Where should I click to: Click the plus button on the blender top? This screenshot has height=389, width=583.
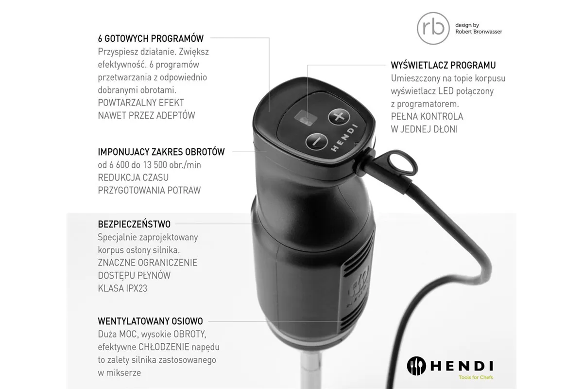(x=339, y=117)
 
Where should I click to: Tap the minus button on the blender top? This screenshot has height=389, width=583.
(x=316, y=141)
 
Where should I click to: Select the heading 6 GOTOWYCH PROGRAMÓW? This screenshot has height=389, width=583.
(x=151, y=38)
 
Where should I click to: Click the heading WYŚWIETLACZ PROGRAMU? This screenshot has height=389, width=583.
(x=443, y=65)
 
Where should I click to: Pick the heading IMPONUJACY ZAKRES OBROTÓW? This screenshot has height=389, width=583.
(x=161, y=152)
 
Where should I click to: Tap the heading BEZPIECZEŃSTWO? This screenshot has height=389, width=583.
(x=134, y=225)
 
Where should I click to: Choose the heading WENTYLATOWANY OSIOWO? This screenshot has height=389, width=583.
(x=150, y=321)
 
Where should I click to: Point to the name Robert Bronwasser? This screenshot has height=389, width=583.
(x=479, y=32)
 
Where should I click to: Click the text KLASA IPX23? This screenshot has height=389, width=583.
(x=122, y=288)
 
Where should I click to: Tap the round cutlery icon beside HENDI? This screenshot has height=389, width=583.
(x=416, y=366)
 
